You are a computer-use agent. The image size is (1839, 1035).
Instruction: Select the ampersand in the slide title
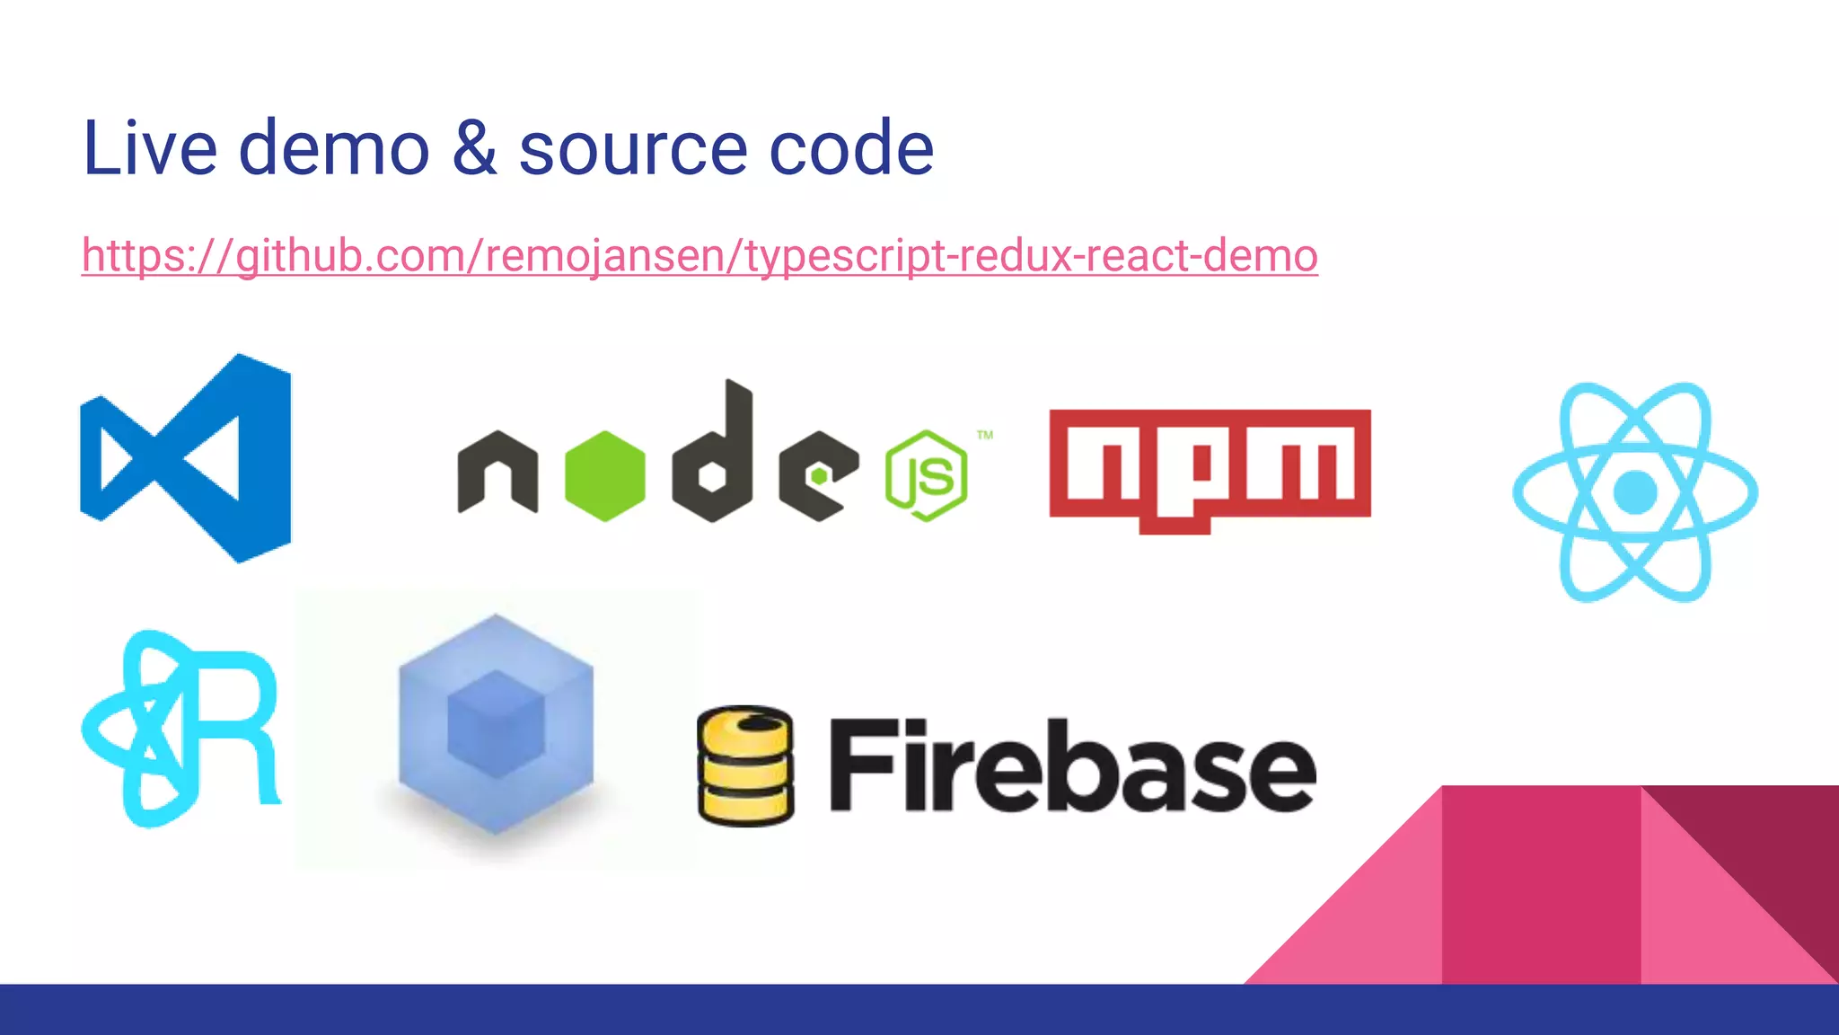point(474,147)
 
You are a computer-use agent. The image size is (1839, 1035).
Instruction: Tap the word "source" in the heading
point(632,149)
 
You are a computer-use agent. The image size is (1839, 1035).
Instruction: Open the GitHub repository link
point(700,256)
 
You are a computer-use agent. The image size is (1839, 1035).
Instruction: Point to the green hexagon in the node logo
point(604,476)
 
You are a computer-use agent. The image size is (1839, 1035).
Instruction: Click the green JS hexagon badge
point(926,475)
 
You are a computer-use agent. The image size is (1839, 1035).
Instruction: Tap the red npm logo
point(1210,468)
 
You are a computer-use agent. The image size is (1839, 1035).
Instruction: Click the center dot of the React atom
point(1634,492)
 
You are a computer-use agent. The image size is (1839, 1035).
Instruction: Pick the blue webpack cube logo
point(496,723)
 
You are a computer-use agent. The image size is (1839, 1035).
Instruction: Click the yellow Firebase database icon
point(745,765)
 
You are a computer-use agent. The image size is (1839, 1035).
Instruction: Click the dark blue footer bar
point(919,1010)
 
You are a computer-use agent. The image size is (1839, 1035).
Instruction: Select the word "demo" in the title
point(334,147)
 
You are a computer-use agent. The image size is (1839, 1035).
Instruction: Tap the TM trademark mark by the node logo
point(985,436)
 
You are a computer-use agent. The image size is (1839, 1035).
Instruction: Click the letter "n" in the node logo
point(497,472)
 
